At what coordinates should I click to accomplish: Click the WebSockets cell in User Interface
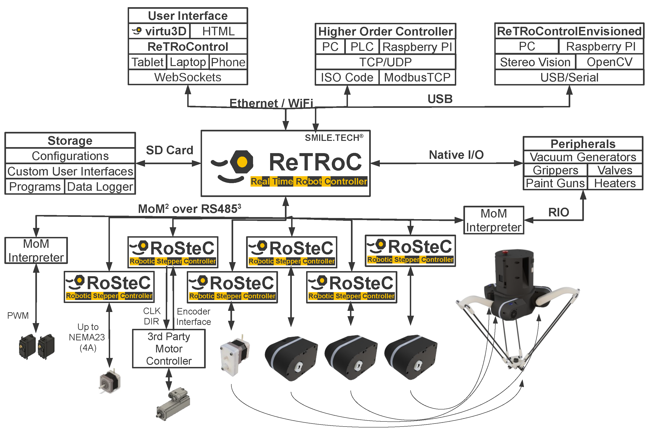(x=188, y=77)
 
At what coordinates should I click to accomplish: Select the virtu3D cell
(x=159, y=31)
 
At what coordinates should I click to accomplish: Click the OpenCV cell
(x=609, y=62)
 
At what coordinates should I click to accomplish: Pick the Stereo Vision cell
(x=535, y=62)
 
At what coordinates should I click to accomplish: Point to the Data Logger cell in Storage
(x=100, y=187)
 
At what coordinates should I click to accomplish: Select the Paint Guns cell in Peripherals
(x=555, y=183)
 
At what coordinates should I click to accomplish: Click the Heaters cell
(x=615, y=183)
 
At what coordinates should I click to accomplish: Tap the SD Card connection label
(x=169, y=150)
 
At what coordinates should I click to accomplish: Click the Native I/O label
(x=456, y=155)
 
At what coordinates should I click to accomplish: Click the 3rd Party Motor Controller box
(x=169, y=348)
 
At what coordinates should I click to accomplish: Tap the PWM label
(x=18, y=315)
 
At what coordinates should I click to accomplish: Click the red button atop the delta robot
(x=505, y=252)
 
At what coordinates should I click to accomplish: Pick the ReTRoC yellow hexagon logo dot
(x=242, y=162)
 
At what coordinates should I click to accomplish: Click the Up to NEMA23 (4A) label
(x=87, y=337)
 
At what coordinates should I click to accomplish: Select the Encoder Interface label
(x=193, y=316)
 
